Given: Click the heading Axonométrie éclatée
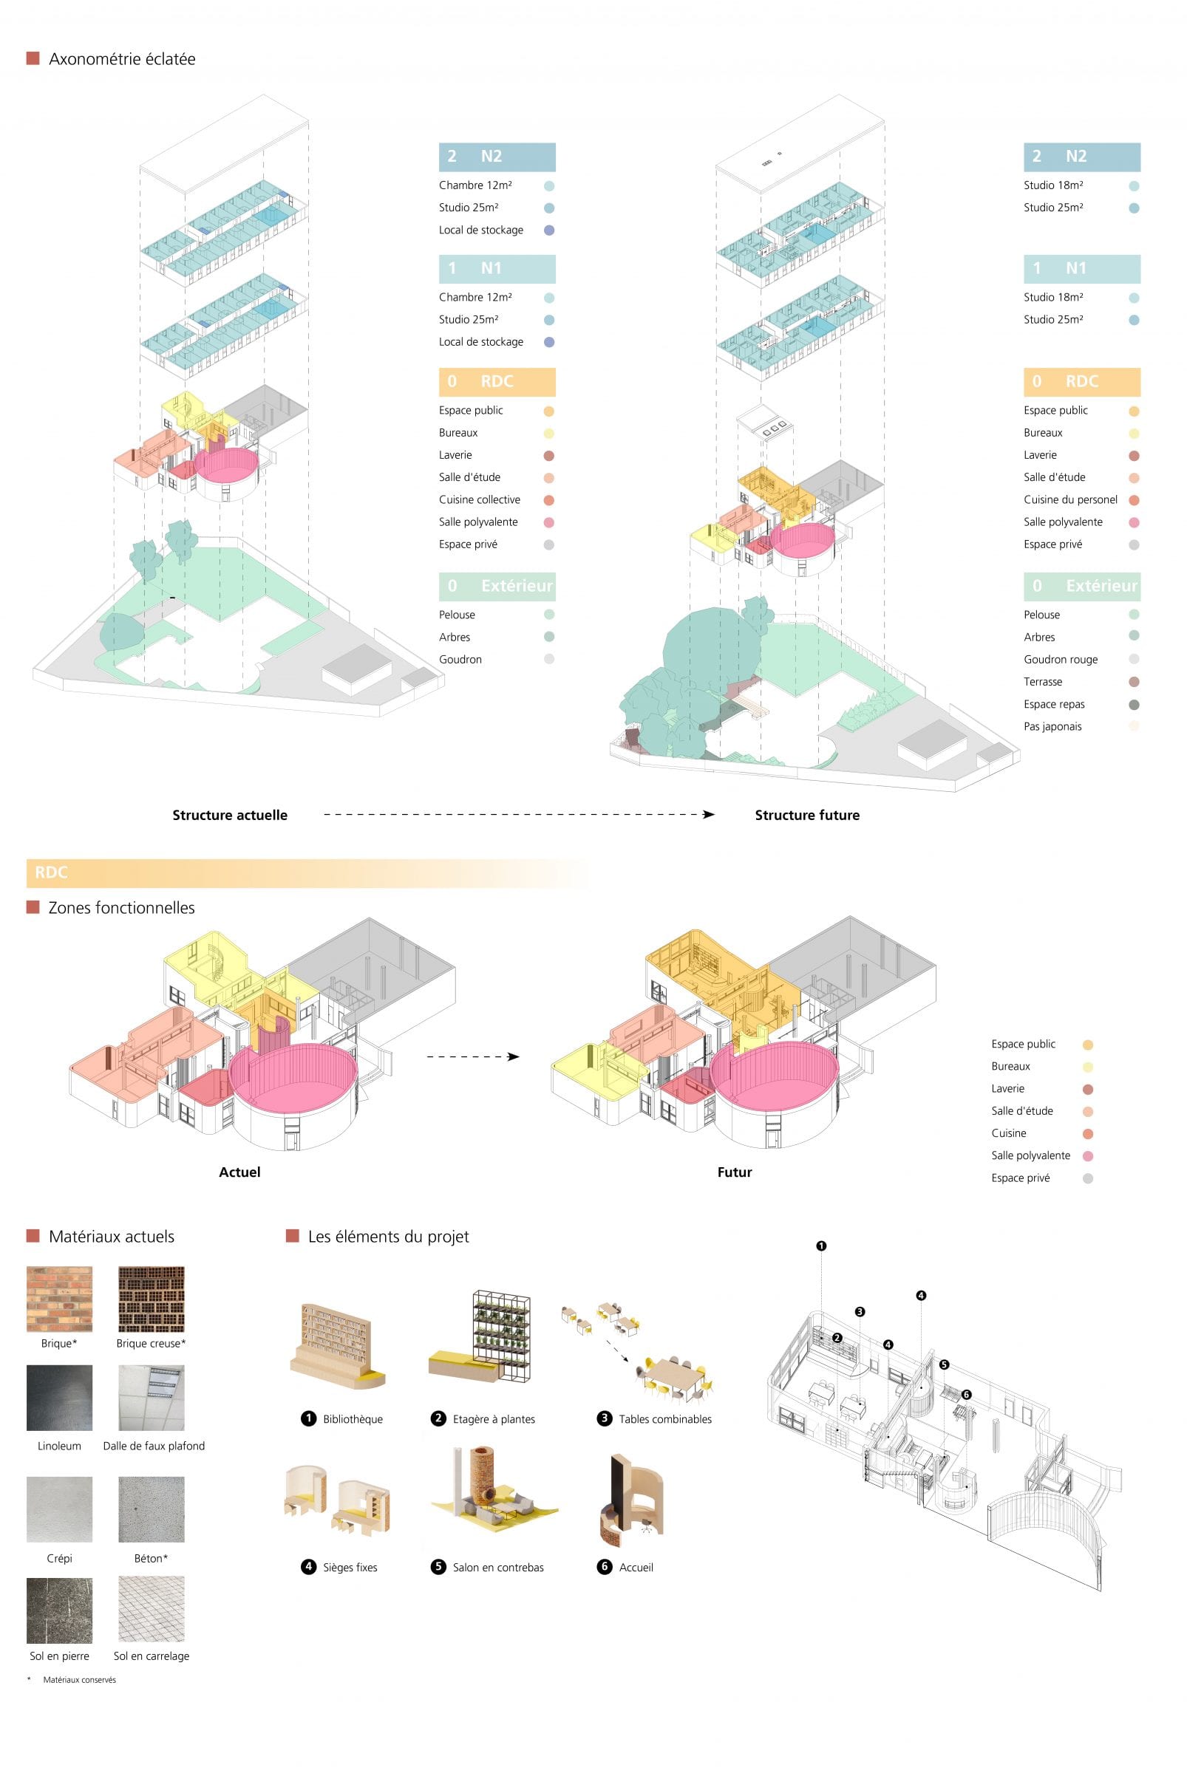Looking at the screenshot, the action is [122, 59].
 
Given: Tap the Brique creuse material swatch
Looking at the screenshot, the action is [152, 1299].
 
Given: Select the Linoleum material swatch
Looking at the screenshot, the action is [59, 1398].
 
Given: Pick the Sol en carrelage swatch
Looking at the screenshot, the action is [152, 1610].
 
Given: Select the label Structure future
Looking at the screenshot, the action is [807, 815].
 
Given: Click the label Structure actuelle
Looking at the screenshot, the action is [230, 815].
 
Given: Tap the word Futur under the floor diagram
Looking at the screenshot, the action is [735, 1172].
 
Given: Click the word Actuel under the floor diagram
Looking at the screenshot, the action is [239, 1172].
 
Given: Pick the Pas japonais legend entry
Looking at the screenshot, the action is [1052, 726].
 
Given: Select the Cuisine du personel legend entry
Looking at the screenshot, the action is [1070, 499].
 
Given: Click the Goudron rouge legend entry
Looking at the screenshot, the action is [1061, 659].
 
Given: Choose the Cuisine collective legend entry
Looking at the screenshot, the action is [479, 499].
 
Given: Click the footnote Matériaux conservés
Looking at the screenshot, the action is [80, 1680].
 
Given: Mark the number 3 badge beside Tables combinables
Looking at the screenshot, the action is [604, 1418].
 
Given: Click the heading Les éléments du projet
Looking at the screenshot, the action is [388, 1237].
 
